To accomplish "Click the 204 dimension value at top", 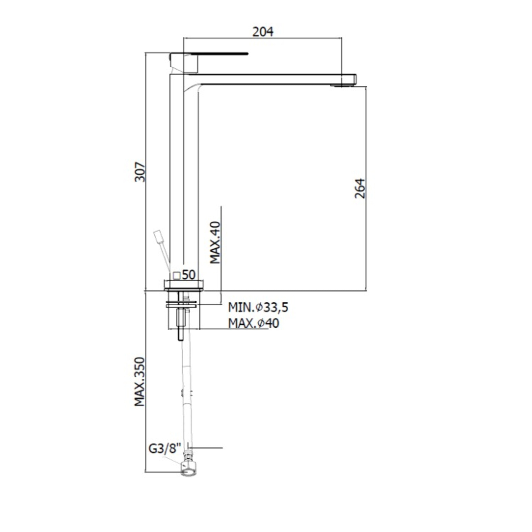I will pos(263,32).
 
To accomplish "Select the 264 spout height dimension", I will pos(360,188).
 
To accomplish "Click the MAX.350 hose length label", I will pos(140,382).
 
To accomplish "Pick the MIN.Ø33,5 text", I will pos(258,307).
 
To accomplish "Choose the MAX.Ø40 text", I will pos(253,323).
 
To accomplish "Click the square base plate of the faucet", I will pos(184,285).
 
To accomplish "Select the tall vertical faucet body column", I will pos(184,176).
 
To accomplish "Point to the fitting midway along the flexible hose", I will pos(187,394).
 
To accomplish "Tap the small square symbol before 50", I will pos(177,276).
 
